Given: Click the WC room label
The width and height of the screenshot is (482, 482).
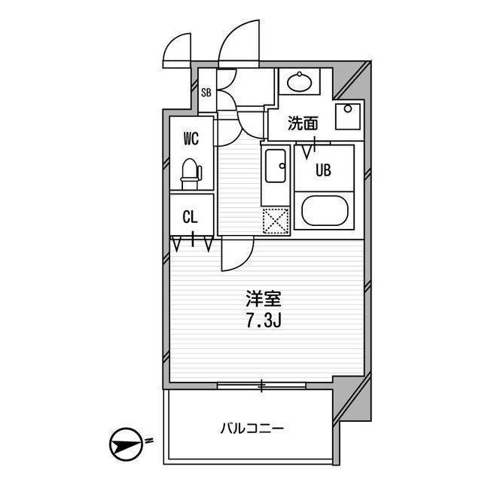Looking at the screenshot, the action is tap(191, 139).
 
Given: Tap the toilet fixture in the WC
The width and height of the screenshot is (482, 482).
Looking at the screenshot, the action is tap(191, 174).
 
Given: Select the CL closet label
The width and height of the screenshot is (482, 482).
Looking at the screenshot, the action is tap(190, 217).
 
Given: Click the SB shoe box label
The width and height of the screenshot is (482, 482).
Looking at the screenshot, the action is tap(206, 93).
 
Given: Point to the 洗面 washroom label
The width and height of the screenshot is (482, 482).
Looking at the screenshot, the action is tap(303, 124).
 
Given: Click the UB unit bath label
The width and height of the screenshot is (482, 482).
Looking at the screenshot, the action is tap(323, 169).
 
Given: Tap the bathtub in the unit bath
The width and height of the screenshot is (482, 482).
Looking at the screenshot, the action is tap(325, 211).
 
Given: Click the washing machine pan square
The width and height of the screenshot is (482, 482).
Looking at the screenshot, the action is tap(348, 117).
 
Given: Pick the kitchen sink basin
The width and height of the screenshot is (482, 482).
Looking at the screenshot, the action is tap(276, 166).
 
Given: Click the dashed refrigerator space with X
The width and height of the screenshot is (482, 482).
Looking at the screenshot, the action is tap(276, 221).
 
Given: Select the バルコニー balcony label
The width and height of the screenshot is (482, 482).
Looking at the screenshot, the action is tap(252, 429).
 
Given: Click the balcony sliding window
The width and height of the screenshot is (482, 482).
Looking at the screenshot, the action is tap(261, 386).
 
